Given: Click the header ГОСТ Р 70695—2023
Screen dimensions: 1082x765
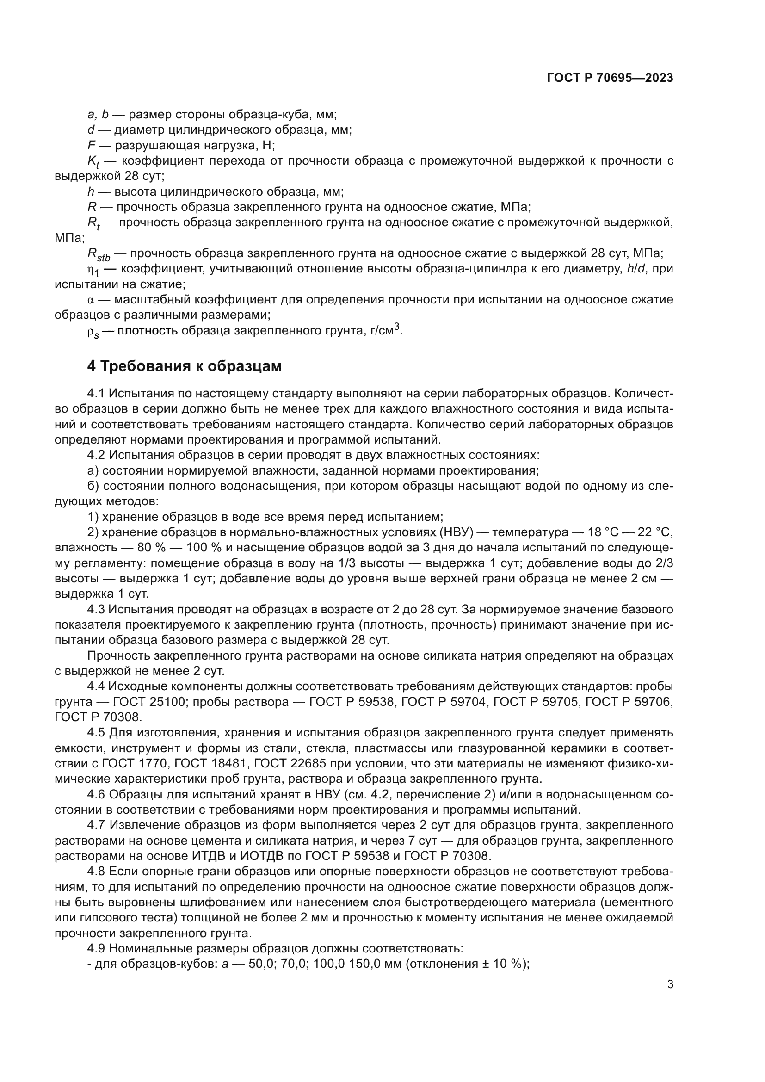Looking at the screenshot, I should coord(610,78).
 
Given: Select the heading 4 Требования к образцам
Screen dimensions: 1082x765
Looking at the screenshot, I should coord(184,366).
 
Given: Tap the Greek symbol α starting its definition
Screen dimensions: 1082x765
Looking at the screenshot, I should coord(91,300).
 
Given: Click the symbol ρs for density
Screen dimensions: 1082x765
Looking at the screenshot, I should coord(93,332).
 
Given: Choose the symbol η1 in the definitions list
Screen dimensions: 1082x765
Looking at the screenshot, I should coord(93,270).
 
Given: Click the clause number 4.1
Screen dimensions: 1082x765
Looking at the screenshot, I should coord(97,394).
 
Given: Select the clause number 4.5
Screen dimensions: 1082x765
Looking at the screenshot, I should coord(97,733).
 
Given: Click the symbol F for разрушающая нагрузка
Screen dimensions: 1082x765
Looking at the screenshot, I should coord(92,145).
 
